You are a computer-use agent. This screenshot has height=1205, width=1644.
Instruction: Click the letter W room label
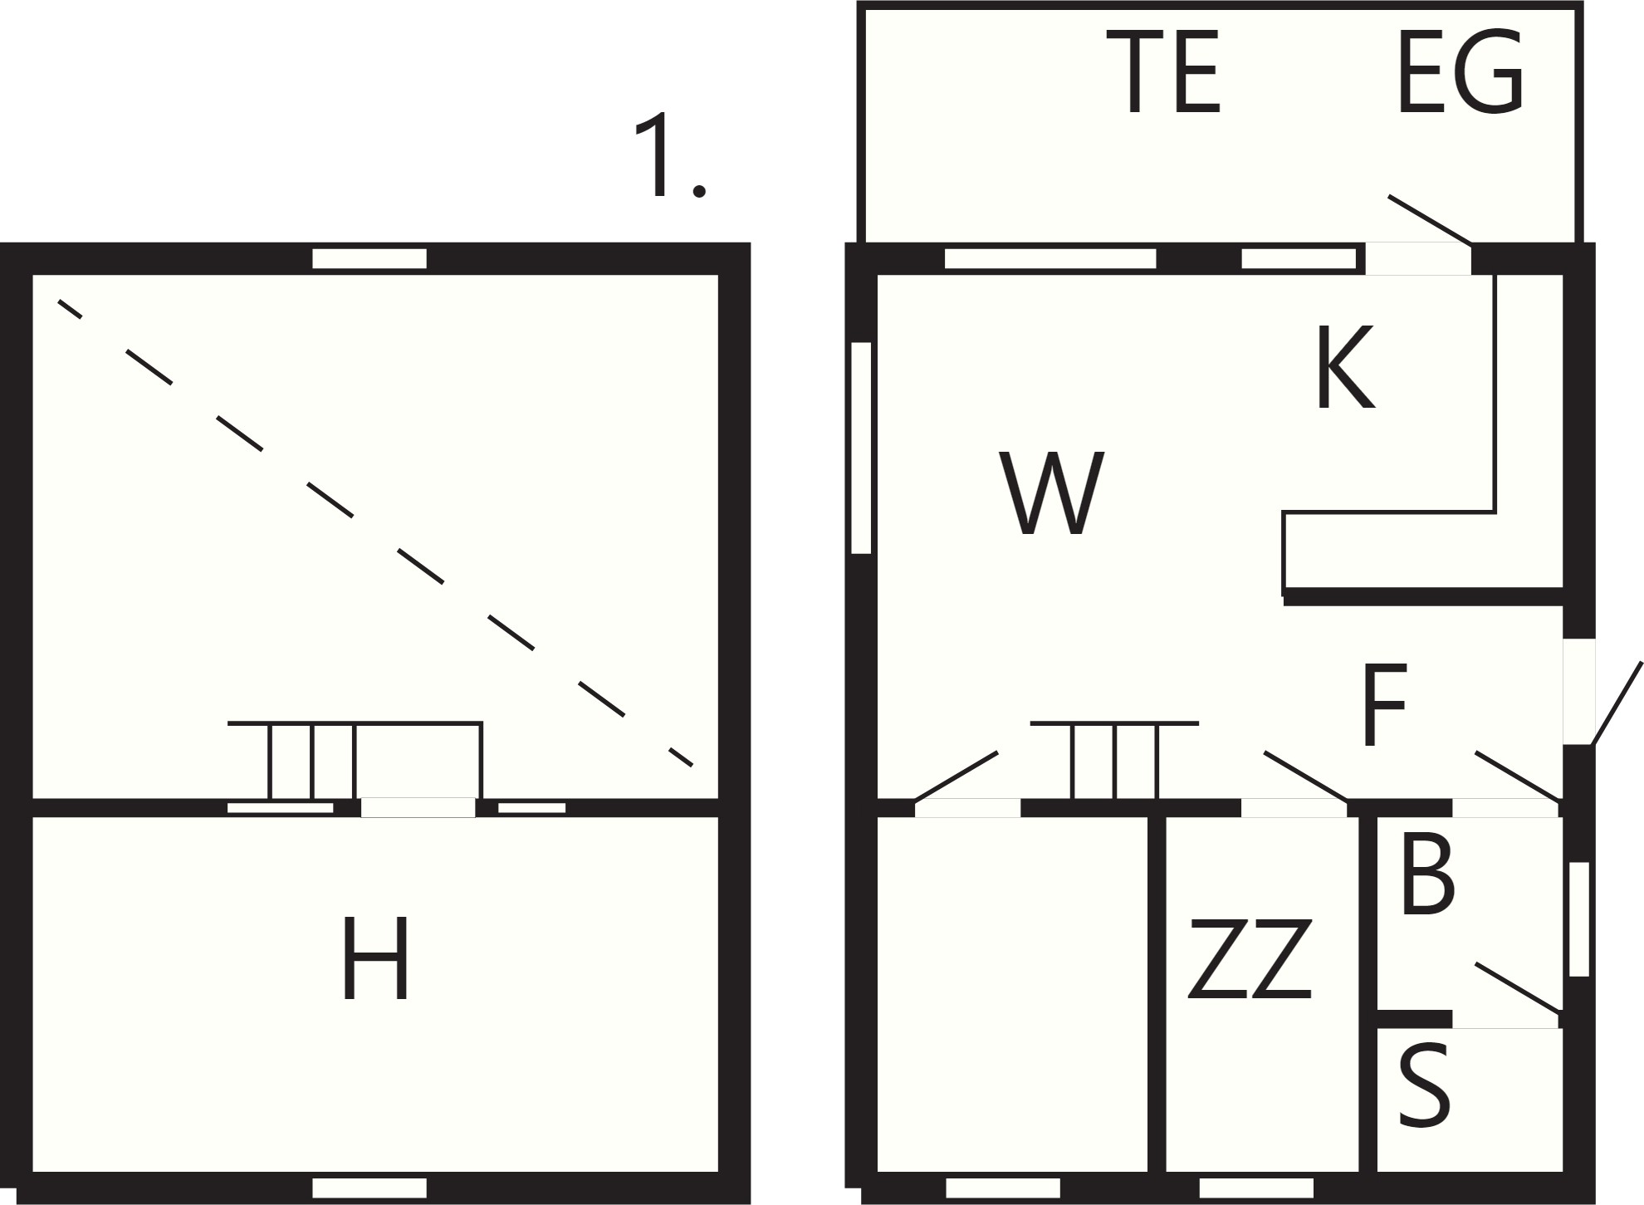click(1051, 493)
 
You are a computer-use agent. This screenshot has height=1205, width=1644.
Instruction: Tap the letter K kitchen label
click(1346, 367)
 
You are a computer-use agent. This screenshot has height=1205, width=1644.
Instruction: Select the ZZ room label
click(1250, 958)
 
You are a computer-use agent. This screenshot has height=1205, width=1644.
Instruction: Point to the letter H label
click(375, 958)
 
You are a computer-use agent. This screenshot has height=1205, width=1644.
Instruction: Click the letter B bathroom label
click(1426, 877)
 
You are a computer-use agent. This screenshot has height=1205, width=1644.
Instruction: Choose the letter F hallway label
click(1384, 705)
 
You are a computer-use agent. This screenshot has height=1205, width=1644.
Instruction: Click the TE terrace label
click(1172, 72)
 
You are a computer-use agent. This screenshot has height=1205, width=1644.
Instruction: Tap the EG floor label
click(1461, 72)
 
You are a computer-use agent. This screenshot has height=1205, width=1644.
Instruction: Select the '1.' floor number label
click(669, 155)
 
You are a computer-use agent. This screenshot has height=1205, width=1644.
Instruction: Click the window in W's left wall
click(861, 448)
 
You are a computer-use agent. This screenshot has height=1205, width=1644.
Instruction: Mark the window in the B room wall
click(1578, 919)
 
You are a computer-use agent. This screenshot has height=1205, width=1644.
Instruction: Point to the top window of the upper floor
click(369, 258)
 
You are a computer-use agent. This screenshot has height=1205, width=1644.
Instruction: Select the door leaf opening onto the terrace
click(1430, 220)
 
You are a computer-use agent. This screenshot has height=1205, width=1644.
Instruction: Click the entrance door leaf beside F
click(1617, 703)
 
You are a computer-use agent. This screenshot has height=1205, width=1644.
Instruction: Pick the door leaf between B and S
click(1518, 988)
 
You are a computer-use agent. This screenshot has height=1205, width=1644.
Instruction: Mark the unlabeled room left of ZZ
click(1013, 994)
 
